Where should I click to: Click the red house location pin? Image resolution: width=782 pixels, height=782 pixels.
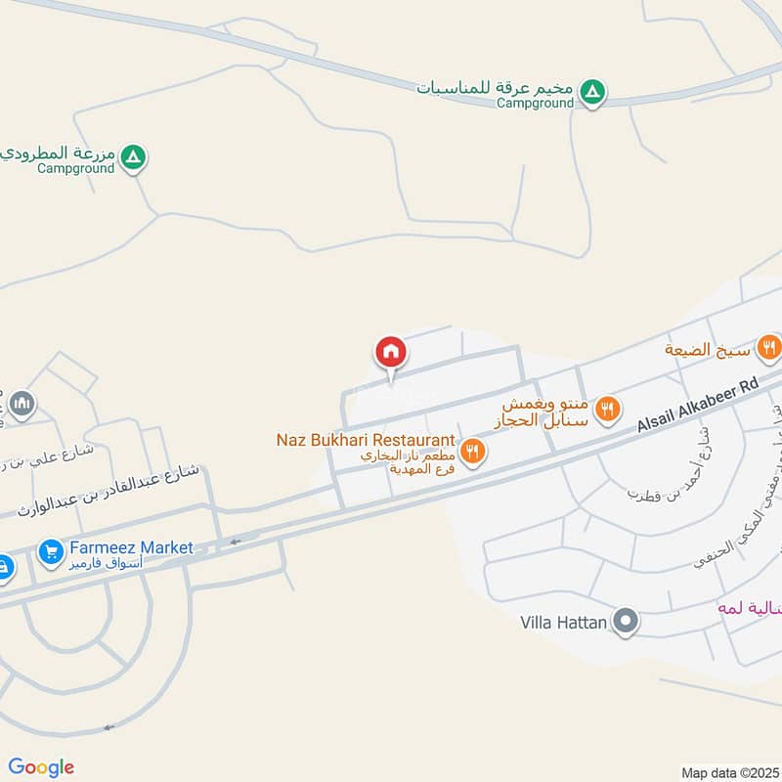pos(391,352)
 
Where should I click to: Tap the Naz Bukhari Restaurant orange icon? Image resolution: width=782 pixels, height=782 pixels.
pos(473,451)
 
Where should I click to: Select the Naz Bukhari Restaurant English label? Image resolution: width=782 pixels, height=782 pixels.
pos(366,440)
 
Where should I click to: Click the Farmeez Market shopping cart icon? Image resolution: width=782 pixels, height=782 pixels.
pos(51,553)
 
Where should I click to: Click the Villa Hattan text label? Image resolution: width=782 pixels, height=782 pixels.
pos(563,622)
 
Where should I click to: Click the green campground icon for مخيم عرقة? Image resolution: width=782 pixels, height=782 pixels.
pos(591,93)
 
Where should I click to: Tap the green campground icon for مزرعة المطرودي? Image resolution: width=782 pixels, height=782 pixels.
pos(135,156)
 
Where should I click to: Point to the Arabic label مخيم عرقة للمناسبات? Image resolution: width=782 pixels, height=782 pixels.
pos(496,87)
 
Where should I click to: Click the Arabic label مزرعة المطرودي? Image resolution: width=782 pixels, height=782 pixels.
pos(59,153)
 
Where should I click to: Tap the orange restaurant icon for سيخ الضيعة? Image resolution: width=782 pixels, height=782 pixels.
pos(769,346)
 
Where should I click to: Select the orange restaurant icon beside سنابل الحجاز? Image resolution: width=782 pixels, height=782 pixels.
pos(608,409)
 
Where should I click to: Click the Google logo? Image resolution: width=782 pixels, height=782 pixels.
pos(41,767)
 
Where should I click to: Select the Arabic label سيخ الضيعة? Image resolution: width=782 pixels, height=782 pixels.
pos(708,349)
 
